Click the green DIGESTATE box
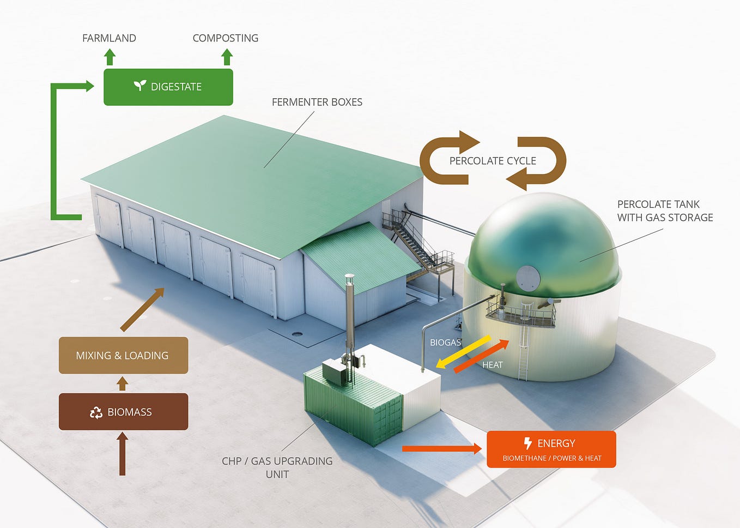pos(168,87)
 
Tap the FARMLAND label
pos(109,38)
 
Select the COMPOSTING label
pos(225,38)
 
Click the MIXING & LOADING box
pos(123,355)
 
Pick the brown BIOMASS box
pos(123,412)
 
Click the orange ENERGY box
pos(551,449)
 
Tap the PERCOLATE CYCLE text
pos(493,161)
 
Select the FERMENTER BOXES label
pos(317,102)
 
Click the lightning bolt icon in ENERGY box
pos(527,443)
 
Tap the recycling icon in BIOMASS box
pos(96,412)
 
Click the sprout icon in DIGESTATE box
pos(140,86)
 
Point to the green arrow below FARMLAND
pos(110,57)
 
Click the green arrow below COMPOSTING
pos(227,57)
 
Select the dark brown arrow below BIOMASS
pos(122,453)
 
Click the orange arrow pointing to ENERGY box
pos(442,449)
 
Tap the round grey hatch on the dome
pos(527,278)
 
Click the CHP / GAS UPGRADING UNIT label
pos(277,467)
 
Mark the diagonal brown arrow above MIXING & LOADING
pos(142,309)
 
